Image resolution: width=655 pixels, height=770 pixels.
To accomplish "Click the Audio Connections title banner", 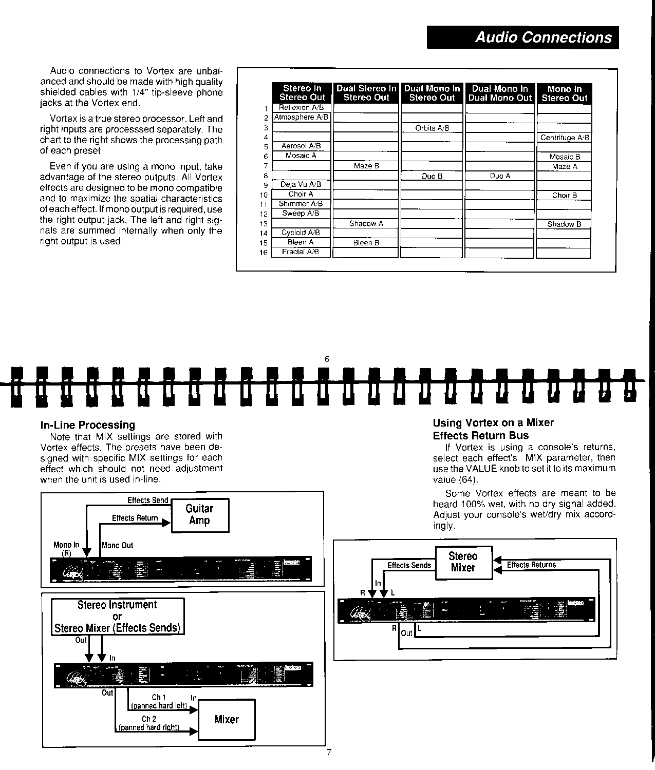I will click(522, 37).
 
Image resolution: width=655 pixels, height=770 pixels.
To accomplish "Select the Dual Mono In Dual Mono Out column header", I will click(499, 93).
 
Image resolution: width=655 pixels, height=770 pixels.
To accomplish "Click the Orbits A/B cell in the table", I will click(432, 128).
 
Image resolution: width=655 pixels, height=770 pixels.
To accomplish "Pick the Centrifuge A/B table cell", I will click(564, 138).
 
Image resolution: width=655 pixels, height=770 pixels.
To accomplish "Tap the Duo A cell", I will click(499, 176).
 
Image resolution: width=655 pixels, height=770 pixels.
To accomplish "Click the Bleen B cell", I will click(366, 243).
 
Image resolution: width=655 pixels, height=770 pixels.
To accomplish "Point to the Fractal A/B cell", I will click(301, 252).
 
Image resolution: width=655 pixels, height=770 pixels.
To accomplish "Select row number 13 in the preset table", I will click(264, 224).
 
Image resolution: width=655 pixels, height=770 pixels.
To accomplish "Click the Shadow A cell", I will click(366, 223).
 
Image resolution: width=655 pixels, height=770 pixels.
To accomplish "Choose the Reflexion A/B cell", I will click(301, 108).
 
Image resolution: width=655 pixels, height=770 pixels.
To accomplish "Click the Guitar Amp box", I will click(199, 515).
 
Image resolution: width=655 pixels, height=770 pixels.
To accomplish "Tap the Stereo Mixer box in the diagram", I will click(463, 562).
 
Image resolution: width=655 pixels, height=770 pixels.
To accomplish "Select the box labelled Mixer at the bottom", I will click(227, 719).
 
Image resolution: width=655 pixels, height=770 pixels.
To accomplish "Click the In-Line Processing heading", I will click(87, 425).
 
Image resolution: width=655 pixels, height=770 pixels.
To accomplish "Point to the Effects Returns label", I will click(531, 565).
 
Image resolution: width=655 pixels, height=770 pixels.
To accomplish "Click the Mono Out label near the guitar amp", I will click(117, 546).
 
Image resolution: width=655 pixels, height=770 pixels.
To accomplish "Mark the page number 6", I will click(327, 359).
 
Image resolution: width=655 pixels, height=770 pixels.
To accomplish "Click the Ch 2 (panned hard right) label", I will click(149, 723).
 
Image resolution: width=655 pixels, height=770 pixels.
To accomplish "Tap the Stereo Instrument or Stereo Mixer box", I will click(118, 617).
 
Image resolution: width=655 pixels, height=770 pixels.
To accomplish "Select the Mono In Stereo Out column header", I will click(564, 93).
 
